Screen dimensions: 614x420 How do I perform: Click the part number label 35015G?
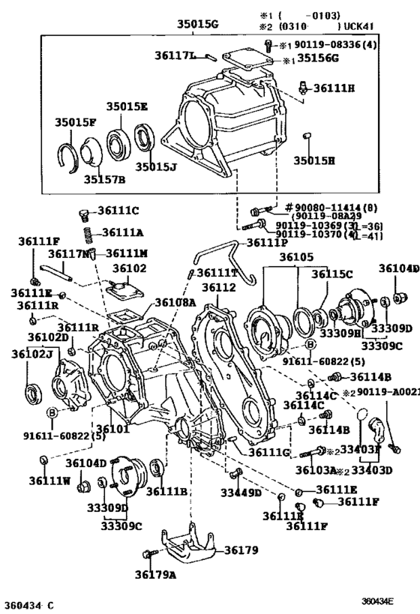point(197,25)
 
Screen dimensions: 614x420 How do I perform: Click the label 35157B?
point(103,180)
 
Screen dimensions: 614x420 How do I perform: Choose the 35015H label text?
point(313,160)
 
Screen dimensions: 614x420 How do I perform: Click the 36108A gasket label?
point(175,304)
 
